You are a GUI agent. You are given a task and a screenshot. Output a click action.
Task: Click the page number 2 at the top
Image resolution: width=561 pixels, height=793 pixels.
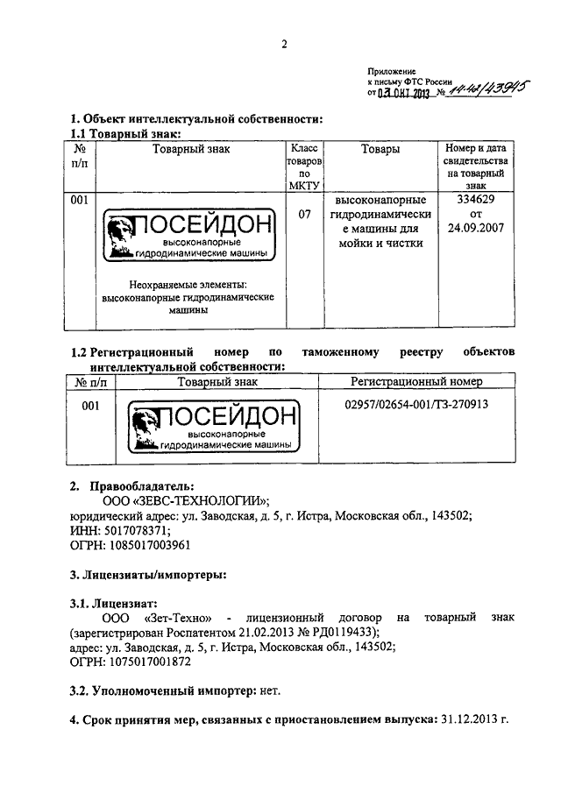[286, 46]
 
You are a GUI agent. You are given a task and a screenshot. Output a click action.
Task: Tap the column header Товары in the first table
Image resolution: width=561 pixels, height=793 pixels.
[381, 150]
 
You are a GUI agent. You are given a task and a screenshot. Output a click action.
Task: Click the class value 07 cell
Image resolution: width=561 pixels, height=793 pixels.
[304, 212]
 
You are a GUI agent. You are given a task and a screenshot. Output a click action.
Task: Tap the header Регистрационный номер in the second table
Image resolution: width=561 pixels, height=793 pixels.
[417, 382]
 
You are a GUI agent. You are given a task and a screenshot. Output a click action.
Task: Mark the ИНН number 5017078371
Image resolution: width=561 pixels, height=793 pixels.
[135, 530]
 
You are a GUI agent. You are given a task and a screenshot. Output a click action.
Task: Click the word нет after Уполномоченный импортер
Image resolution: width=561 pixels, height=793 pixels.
[270, 691]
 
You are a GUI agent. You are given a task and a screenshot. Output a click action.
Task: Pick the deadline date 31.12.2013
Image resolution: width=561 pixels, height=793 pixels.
[470, 720]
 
